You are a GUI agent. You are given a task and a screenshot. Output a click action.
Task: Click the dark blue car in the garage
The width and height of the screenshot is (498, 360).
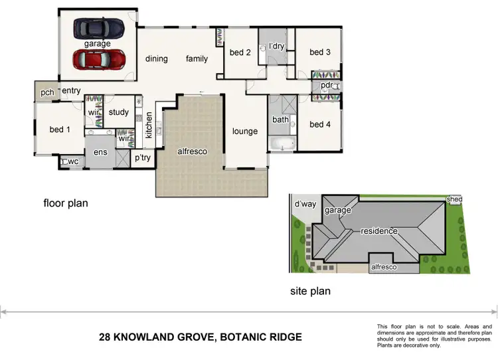pyautogui.click(x=98, y=28)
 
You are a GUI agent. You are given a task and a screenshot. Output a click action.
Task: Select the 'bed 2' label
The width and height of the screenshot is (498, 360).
pyautogui.click(x=240, y=52)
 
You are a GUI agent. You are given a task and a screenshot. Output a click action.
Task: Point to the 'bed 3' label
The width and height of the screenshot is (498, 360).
pyautogui.click(x=319, y=52)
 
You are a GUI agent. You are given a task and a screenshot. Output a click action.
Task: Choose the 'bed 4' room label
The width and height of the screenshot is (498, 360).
pyautogui.click(x=319, y=124)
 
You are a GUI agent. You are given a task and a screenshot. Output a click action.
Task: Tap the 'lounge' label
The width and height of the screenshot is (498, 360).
pyautogui.click(x=244, y=132)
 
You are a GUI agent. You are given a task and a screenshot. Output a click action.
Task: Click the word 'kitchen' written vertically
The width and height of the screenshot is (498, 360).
pyautogui.click(x=149, y=125)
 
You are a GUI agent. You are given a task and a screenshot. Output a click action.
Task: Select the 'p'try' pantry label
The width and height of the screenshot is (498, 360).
pyautogui.click(x=143, y=158)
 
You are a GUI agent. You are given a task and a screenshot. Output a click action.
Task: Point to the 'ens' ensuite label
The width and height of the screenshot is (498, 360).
pyautogui.click(x=100, y=153)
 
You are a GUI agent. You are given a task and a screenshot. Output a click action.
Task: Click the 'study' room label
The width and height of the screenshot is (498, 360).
pyautogui.click(x=118, y=112)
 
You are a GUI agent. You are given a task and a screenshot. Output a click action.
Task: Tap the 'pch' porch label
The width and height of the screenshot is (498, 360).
pyautogui.click(x=46, y=92)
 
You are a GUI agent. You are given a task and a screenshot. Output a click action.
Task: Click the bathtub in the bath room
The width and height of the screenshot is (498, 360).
pyautogui.click(x=280, y=143)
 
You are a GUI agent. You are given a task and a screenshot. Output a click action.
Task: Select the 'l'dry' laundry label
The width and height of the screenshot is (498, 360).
pyautogui.click(x=276, y=46)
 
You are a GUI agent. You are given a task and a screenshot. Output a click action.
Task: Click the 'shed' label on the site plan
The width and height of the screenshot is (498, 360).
pyautogui.click(x=454, y=199)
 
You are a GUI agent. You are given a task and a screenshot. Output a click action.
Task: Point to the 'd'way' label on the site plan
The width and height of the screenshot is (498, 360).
pyautogui.click(x=305, y=203)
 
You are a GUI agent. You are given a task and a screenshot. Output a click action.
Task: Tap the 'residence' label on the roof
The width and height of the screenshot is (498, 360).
pyautogui.click(x=378, y=231)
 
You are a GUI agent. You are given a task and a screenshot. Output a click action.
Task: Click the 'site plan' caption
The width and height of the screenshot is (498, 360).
pyautogui.click(x=310, y=291)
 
